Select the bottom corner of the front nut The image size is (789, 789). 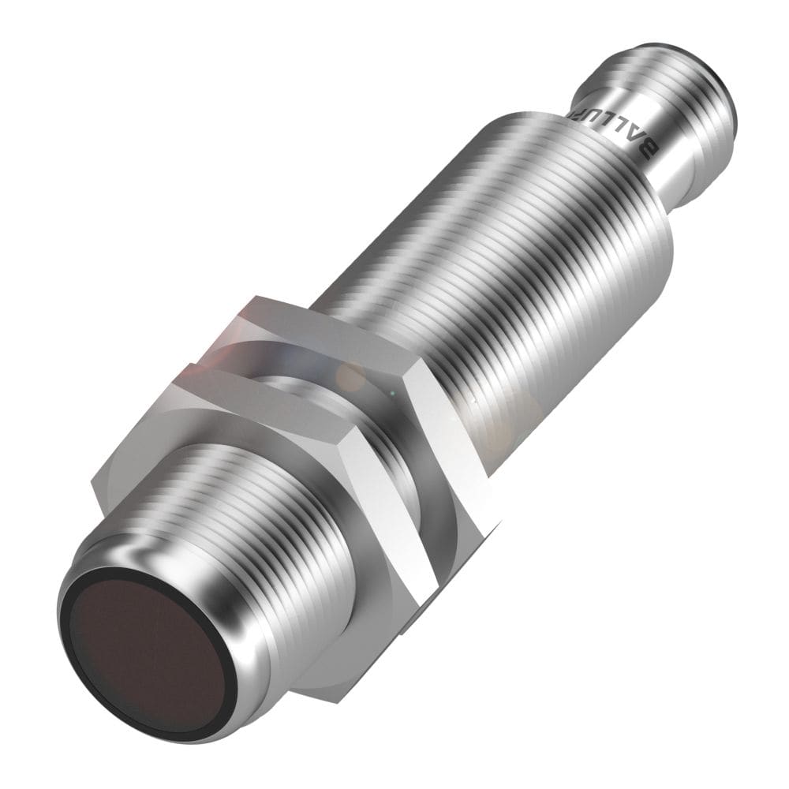(x=402, y=631)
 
